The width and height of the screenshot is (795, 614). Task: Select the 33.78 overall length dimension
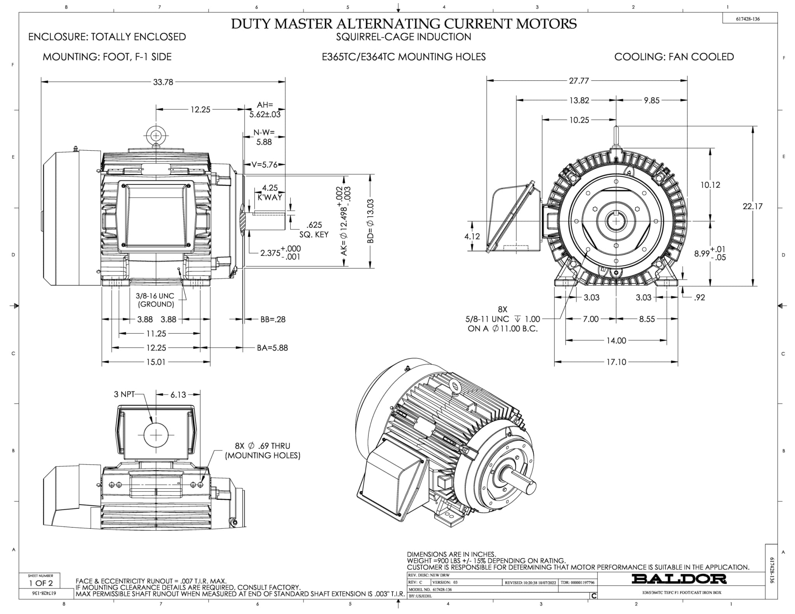(163, 82)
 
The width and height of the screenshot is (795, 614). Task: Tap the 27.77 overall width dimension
(579, 81)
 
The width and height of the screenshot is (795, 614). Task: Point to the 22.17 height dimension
(752, 206)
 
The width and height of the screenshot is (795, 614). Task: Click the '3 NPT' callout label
(124, 394)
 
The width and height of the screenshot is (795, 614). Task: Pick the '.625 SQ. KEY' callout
(314, 230)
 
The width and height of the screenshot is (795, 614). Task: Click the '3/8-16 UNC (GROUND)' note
(155, 300)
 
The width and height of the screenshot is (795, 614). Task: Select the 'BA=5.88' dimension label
(272, 348)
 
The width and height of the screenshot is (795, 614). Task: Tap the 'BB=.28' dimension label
(273, 319)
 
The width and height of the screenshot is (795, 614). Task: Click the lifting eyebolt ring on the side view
(156, 135)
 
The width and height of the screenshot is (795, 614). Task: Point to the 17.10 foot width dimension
(616, 362)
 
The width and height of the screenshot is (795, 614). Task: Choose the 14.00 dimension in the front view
(616, 341)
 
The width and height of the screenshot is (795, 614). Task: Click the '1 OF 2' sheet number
(41, 583)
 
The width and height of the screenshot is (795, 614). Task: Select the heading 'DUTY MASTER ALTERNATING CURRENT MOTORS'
(404, 24)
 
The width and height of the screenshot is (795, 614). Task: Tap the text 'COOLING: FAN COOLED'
(674, 57)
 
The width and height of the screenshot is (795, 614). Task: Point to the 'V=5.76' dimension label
(264, 165)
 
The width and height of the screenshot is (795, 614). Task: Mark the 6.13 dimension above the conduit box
(178, 395)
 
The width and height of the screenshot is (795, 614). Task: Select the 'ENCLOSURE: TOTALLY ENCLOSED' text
(107, 37)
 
